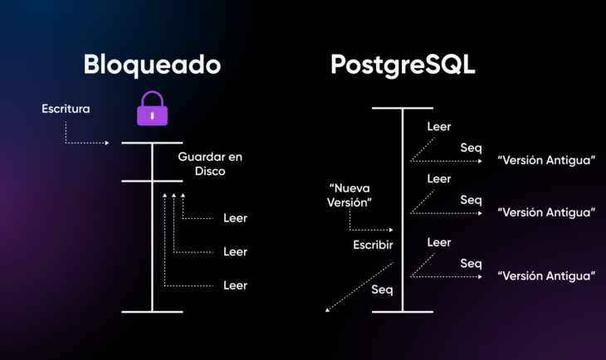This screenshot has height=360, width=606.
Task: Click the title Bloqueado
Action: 152,65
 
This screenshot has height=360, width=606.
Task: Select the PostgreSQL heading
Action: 403,65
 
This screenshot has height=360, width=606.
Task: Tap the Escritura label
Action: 66,109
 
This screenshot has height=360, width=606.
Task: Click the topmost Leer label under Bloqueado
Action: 235,218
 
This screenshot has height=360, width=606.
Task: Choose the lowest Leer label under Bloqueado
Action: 235,285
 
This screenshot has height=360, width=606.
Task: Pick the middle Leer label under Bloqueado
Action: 235,251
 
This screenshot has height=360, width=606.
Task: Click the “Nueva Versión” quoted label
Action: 349,196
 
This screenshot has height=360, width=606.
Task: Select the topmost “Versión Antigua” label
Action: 545,160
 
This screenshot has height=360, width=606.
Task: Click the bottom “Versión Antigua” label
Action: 545,275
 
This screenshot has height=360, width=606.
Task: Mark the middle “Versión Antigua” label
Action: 545,212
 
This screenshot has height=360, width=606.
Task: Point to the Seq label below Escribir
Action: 381,289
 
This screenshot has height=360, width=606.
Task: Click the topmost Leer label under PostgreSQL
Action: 438,127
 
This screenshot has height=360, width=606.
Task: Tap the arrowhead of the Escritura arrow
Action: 107,143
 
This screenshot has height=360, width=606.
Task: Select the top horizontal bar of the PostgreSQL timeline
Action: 403,109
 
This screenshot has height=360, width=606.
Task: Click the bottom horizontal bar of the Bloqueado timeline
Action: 152,312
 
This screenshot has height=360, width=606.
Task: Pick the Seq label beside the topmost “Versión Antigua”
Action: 471,148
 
